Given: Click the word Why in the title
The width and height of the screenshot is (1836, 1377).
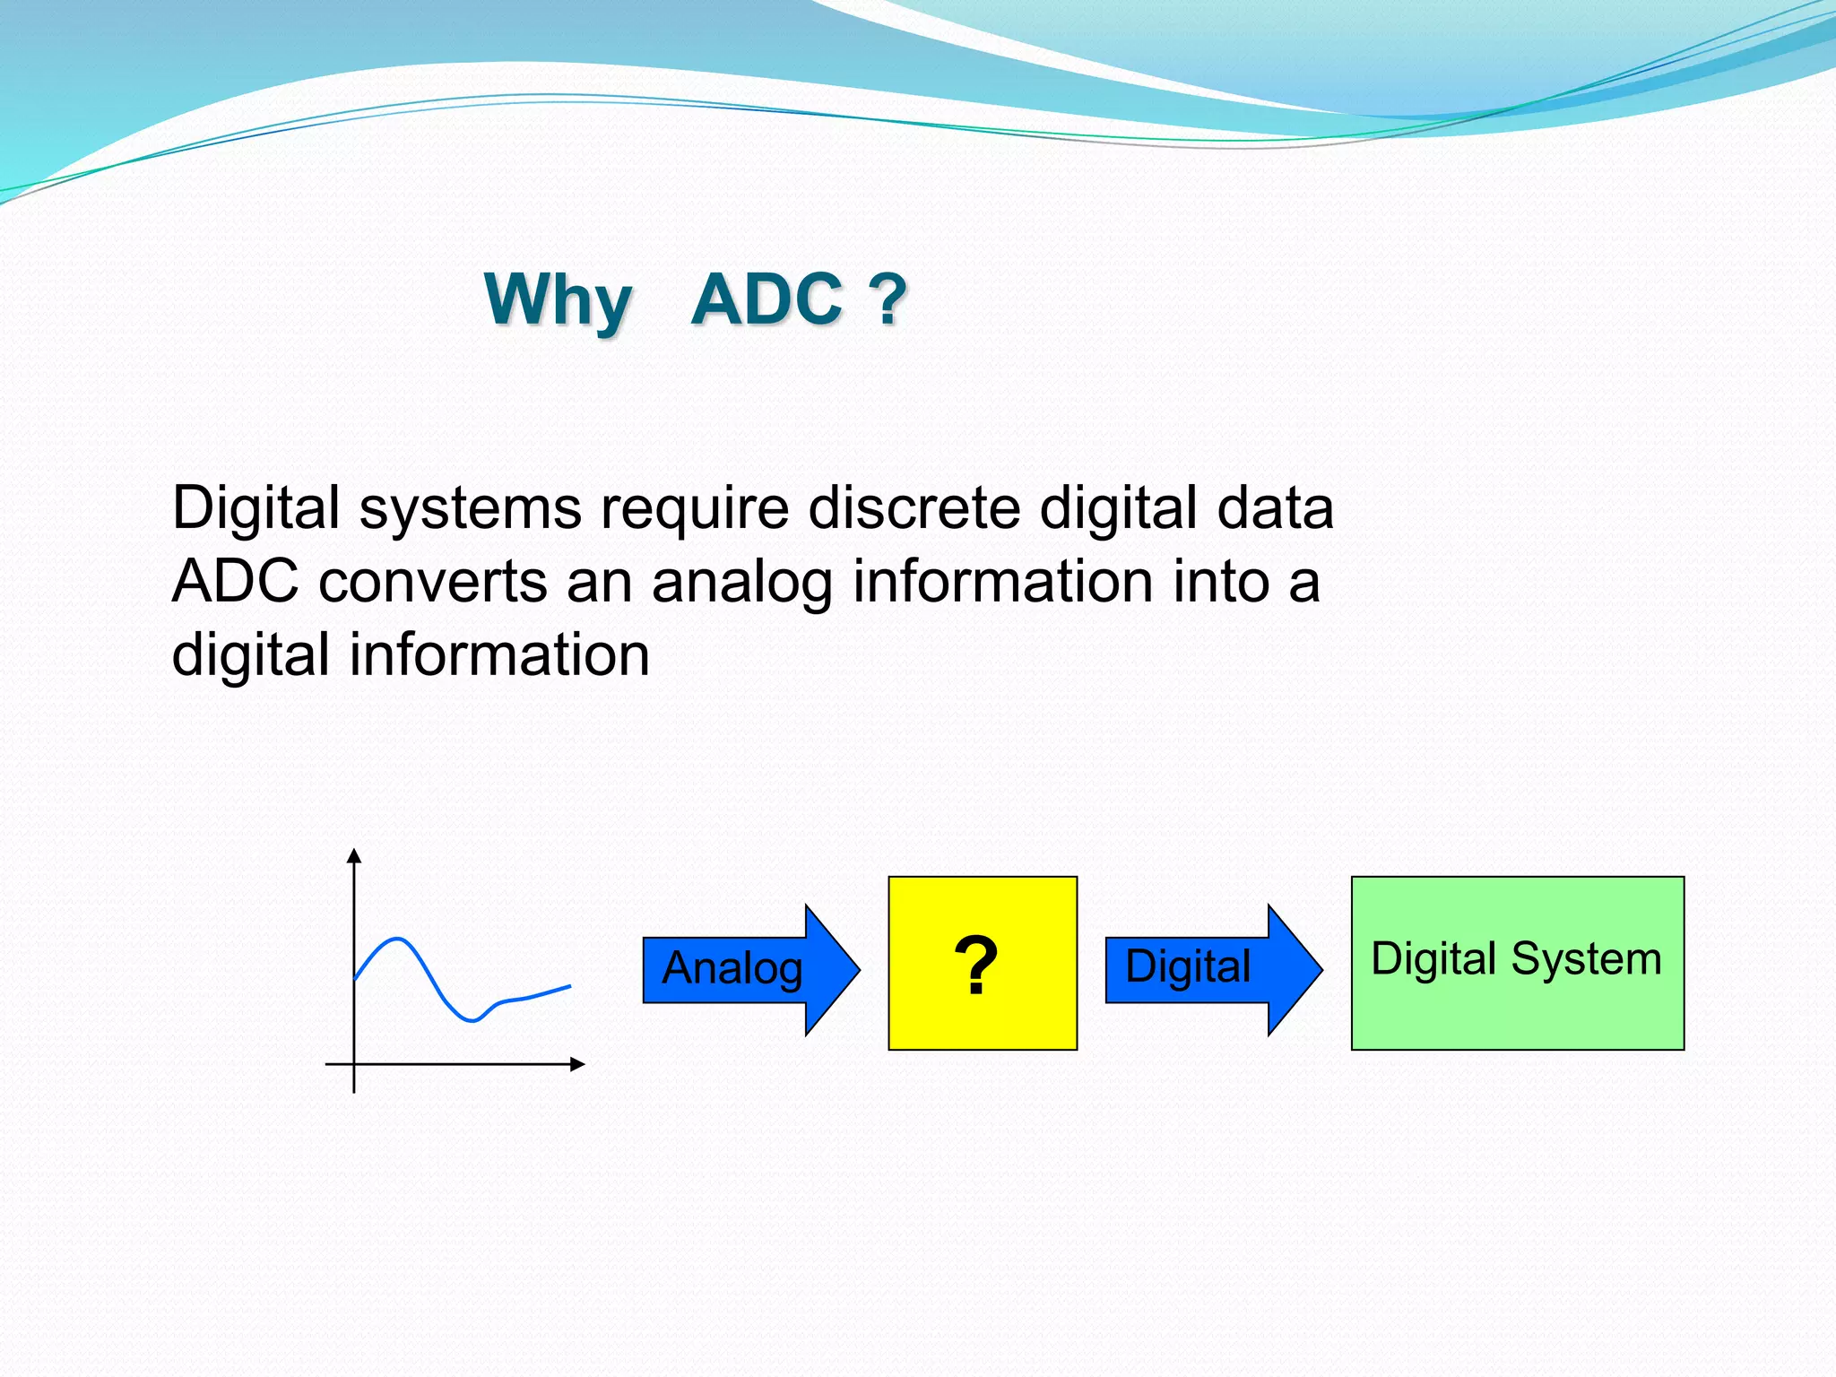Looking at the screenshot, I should (x=558, y=300).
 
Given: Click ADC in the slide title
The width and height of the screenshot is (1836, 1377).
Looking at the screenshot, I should (x=767, y=300).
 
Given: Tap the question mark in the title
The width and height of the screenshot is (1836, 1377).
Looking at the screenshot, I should (x=888, y=300).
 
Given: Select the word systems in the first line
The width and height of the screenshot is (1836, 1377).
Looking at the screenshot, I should (x=470, y=509).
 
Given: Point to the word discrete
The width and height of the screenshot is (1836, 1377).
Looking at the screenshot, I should (x=914, y=509).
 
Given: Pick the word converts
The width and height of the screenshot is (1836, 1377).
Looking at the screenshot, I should (x=432, y=583).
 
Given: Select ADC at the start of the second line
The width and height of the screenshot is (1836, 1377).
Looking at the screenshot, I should (x=235, y=582).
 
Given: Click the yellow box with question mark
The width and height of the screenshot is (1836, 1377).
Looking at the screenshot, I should (x=982, y=964).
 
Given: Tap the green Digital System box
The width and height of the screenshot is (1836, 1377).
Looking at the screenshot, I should (x=1517, y=1004).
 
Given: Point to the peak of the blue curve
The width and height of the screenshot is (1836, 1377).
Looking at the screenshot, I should (x=397, y=940).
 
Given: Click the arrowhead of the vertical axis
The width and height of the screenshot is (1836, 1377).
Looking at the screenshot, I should (x=354, y=855).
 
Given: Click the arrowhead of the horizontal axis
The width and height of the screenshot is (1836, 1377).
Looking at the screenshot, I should (x=578, y=1064).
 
